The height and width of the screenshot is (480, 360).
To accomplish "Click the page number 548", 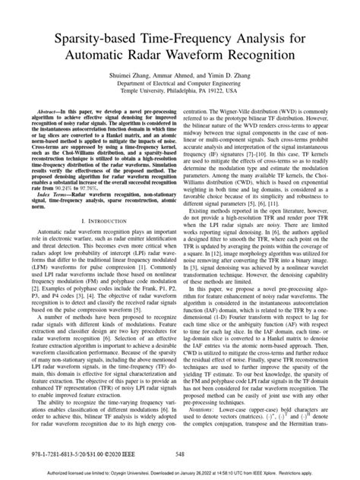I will pos(179,453).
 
